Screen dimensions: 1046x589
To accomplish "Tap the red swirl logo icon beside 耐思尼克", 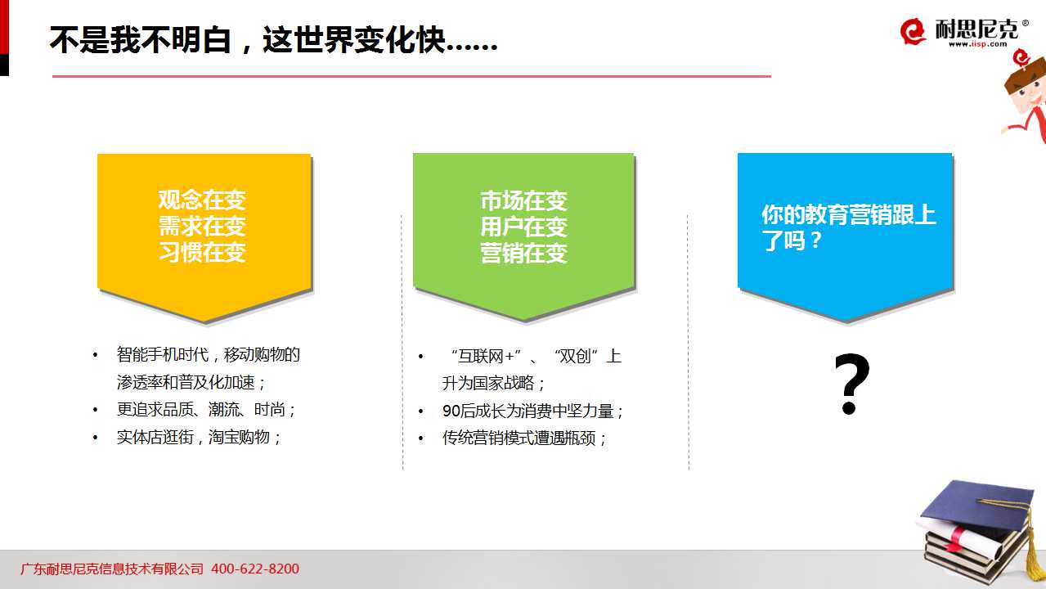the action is click(913, 32).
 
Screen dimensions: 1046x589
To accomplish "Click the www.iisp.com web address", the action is click(977, 44).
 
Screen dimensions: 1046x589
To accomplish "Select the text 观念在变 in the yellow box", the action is click(202, 200).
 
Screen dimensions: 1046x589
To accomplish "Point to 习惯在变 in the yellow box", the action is click(202, 252).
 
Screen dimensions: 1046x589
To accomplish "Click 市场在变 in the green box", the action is click(524, 201).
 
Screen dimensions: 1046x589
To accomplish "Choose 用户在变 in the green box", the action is click(524, 227).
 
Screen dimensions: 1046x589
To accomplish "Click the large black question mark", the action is click(851, 384).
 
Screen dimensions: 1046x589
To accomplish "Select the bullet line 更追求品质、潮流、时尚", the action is click(206, 410).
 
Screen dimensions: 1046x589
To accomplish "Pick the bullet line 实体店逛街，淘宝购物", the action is click(199, 437).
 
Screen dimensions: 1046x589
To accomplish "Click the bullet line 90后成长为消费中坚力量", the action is click(532, 411).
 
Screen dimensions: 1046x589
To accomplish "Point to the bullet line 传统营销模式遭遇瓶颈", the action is click(524, 438).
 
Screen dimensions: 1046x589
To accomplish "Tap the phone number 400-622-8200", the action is click(255, 569).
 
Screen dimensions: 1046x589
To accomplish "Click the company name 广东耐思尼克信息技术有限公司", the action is click(112, 569).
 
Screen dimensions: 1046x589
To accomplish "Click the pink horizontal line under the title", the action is click(411, 76).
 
